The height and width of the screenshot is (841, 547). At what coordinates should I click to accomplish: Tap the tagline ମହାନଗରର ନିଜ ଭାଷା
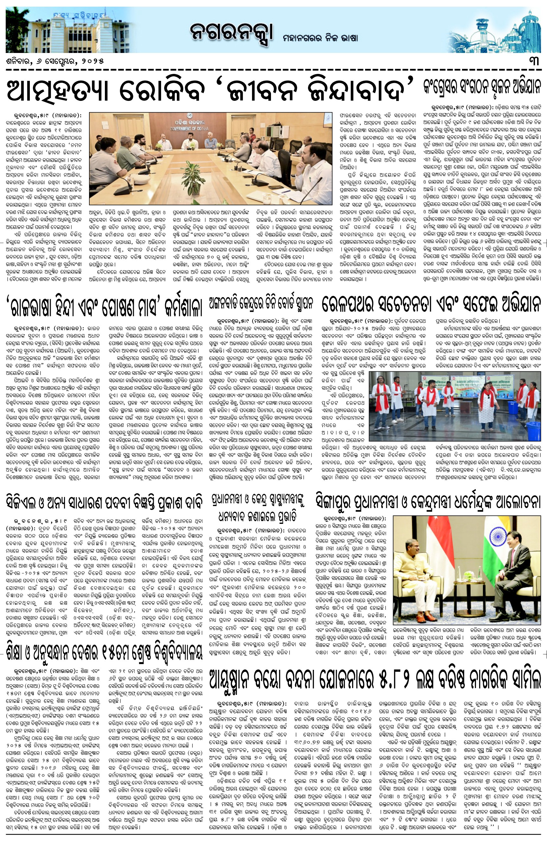320,37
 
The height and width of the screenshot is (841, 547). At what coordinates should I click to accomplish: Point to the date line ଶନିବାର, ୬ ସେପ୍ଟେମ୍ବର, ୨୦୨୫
55,61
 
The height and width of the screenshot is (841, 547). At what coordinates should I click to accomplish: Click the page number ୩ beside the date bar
535,61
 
